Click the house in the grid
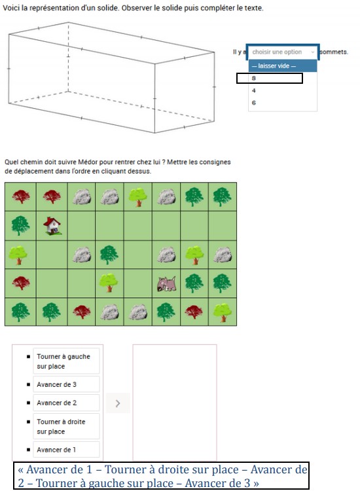[53, 226]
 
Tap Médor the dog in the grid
[167, 283]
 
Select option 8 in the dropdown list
[269, 78]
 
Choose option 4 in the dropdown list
[254, 90]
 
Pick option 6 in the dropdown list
[254, 103]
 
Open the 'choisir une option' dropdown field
[283, 52]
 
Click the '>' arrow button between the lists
[117, 403]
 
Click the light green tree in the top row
[137, 196]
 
